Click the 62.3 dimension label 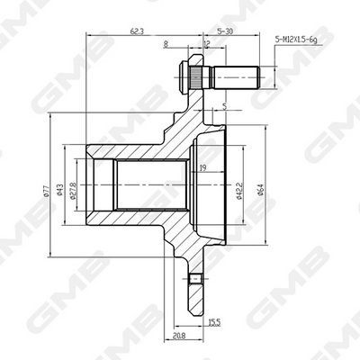click(137, 31)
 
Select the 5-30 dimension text click(225, 31)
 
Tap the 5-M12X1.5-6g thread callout click(296, 40)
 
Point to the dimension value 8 click(166, 44)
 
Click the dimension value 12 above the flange click(207, 44)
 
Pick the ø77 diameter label click(46, 191)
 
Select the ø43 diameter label click(59, 190)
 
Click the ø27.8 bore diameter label click(72, 191)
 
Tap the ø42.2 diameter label click(239, 191)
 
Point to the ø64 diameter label click(260, 190)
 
